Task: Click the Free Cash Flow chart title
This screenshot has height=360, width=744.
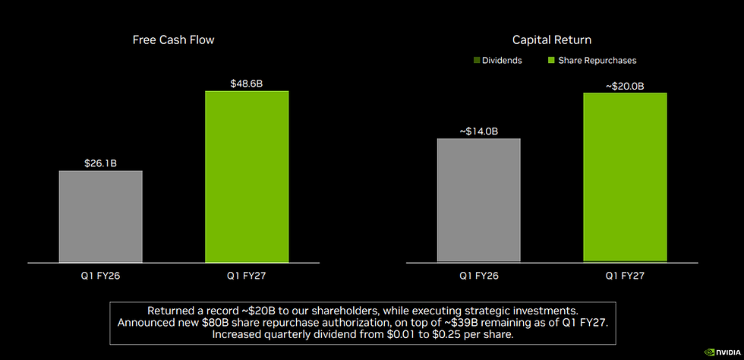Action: pos(173,40)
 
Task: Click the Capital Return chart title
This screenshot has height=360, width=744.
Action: pos(552,40)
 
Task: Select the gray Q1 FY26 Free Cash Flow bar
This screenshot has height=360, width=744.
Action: pos(100,216)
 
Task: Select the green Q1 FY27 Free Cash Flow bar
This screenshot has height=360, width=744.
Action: pos(247,177)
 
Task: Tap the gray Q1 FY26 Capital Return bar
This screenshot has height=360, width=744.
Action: pos(479,200)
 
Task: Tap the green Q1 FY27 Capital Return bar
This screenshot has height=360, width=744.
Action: pos(625,177)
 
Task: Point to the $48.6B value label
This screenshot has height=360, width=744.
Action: pos(247,84)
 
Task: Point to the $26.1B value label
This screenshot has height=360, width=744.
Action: pos(100,163)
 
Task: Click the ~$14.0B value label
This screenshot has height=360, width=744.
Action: pos(479,131)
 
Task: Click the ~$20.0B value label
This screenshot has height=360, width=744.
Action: pos(625,86)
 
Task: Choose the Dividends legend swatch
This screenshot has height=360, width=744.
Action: pos(477,61)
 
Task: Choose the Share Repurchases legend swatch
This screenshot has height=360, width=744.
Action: pos(551,61)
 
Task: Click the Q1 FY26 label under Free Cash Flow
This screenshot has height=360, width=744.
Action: pos(100,276)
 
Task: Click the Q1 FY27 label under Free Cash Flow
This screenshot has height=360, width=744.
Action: pos(247,276)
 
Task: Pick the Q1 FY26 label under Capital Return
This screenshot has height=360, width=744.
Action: pos(479,276)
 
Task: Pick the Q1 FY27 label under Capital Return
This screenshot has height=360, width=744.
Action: pos(625,276)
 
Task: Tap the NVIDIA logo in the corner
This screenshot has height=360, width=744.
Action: pos(722,352)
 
